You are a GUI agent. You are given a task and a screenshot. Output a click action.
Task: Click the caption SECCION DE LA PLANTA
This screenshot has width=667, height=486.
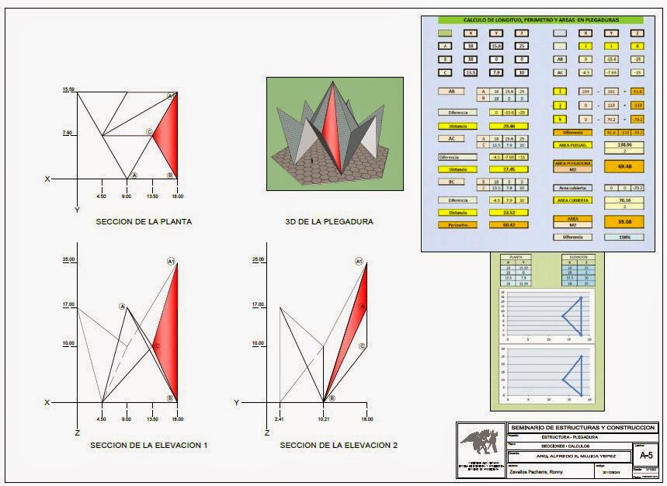click(x=144, y=221)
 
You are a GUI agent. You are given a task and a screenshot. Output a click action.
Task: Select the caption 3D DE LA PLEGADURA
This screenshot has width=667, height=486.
click(x=329, y=221)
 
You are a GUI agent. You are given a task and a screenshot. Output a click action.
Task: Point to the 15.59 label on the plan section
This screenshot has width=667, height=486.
click(x=68, y=91)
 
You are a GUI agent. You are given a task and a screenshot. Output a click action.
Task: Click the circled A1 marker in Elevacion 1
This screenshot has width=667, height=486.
click(x=171, y=262)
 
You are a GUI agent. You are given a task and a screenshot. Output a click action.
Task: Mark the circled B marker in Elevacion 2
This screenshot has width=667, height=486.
click(x=332, y=397)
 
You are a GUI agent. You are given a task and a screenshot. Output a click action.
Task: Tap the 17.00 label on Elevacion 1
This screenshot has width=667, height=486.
click(x=68, y=305)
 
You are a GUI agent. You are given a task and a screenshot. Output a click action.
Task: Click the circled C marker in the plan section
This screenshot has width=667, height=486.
click(x=149, y=133)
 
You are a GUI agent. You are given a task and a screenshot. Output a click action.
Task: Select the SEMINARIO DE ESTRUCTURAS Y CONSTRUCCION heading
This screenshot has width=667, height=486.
click(x=582, y=428)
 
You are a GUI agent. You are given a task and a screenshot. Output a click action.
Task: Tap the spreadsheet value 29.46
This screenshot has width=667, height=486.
click(x=509, y=125)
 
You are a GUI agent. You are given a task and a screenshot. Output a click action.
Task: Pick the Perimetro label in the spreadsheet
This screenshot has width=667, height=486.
click(x=457, y=225)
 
